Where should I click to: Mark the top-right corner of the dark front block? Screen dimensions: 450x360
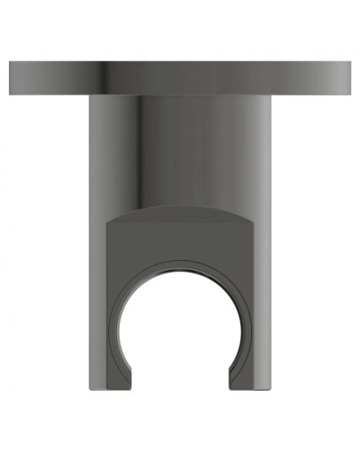pos(254,223)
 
